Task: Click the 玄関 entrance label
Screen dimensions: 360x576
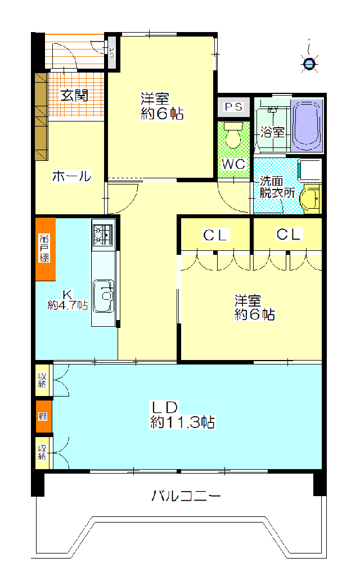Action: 74,96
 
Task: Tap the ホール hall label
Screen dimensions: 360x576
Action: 71,176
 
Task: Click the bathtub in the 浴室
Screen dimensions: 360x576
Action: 307,125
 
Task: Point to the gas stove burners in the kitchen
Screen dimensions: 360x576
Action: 103,235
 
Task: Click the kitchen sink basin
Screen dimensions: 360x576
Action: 104,296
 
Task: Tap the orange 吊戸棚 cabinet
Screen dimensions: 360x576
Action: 46,249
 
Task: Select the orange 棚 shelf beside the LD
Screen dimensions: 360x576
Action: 43,416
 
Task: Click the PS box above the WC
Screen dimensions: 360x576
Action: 233,107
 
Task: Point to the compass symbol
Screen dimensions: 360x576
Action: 310,64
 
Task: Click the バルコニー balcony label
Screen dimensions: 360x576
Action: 186,496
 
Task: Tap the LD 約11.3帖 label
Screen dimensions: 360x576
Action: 183,415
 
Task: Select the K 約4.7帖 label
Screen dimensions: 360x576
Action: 67,300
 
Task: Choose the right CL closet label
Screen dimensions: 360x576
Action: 290,235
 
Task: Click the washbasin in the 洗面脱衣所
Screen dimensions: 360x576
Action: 310,199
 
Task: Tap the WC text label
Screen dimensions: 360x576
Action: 233,164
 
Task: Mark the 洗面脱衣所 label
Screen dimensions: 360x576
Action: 277,187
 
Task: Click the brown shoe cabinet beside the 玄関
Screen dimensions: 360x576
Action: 42,116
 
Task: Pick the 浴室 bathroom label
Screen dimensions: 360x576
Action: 272,132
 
